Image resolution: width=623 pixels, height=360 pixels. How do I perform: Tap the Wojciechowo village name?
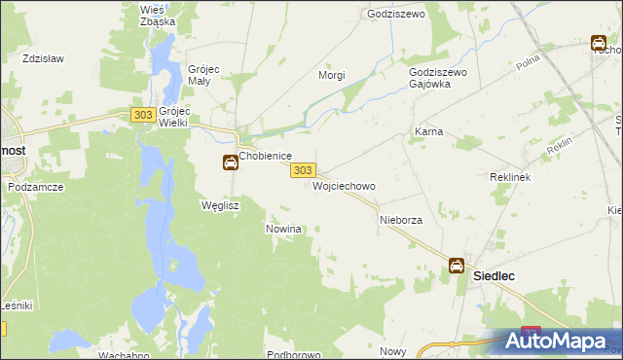tap(344, 185)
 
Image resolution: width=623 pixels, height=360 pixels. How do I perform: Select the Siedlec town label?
tap(494, 275)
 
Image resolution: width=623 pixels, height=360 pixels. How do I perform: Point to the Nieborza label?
tap(400, 220)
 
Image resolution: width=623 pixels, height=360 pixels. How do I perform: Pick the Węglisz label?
tap(219, 205)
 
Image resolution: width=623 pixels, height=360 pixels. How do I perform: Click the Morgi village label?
tap(333, 75)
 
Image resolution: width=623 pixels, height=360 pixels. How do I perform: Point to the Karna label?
tap(428, 130)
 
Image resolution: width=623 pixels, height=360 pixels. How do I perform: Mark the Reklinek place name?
tap(508, 178)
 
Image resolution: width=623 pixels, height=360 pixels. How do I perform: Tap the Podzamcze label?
tap(35, 186)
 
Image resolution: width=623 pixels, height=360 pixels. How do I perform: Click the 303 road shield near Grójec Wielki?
tap(142, 115)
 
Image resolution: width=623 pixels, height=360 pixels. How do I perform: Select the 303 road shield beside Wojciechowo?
tap(302, 170)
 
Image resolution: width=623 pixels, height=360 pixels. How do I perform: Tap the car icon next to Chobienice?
tap(230, 162)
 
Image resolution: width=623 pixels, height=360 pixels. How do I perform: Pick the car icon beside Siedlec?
tap(457, 266)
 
